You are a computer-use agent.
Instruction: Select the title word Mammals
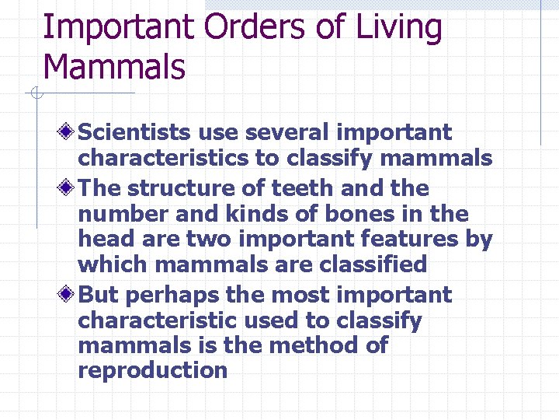[x=114, y=66]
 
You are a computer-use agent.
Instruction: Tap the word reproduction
[x=152, y=370]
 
